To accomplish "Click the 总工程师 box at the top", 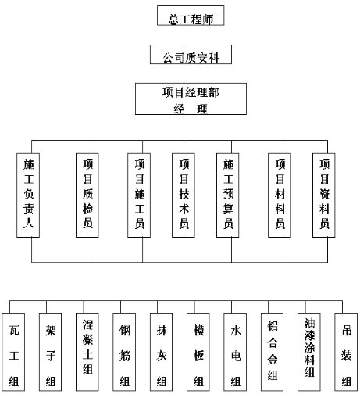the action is click(191, 16).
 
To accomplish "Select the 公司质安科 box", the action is click(191, 54).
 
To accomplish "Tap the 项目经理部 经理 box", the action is click(191, 98).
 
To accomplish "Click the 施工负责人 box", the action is click(28, 195).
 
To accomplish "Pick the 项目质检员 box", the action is click(87, 195).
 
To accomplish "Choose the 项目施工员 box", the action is click(139, 195).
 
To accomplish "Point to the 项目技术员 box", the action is click(184, 195).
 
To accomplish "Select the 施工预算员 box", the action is click(228, 195).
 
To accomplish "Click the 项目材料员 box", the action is click(280, 195).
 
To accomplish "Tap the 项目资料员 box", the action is click(324, 195).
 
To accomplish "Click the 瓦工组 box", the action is click(13, 353).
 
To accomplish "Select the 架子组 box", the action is click(51, 353).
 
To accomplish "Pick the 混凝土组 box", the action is click(87, 353).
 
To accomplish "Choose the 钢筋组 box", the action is click(124, 353).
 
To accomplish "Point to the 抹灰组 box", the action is click(161, 353).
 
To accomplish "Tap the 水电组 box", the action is click(235, 353).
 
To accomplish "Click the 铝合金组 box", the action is click(272, 353).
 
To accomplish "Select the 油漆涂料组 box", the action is click(309, 353).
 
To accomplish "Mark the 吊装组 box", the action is click(346, 353).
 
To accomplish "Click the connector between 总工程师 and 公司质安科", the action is click(187, 35).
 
